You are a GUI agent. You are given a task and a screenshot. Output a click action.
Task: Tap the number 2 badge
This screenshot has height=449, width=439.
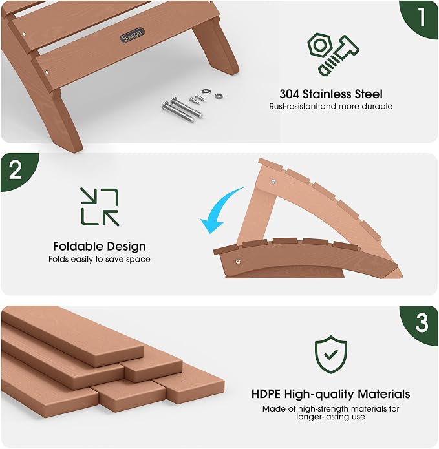click(17, 171)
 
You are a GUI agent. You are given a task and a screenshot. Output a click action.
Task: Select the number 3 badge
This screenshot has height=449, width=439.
click(421, 324)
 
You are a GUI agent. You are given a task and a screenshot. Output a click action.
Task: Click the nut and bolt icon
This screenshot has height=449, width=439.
click(333, 54)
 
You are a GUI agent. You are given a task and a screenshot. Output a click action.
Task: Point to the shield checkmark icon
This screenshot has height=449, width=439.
click(331, 355)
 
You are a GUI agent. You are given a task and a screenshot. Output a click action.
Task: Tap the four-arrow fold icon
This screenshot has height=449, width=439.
click(100, 207)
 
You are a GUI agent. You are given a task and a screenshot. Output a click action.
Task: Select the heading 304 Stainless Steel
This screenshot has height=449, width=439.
click(330, 94)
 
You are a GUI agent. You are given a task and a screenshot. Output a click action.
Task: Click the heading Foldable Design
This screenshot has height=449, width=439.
click(100, 247)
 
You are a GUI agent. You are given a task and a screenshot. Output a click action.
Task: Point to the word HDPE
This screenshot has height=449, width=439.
click(266, 394)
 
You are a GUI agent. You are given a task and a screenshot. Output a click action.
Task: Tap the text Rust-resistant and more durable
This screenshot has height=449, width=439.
click(330, 106)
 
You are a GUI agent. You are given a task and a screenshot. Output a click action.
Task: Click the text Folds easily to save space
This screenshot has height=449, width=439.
click(100, 259)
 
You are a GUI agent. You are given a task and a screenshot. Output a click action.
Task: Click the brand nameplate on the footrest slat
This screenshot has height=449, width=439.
click(132, 36)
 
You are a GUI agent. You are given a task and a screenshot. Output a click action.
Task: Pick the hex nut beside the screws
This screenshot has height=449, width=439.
click(205, 92)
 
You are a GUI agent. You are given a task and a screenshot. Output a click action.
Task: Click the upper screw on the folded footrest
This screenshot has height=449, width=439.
click(273, 182)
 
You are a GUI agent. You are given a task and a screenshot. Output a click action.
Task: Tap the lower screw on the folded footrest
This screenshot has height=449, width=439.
click(238, 261)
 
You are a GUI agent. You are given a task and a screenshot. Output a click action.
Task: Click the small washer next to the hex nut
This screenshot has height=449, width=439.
click(219, 96)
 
